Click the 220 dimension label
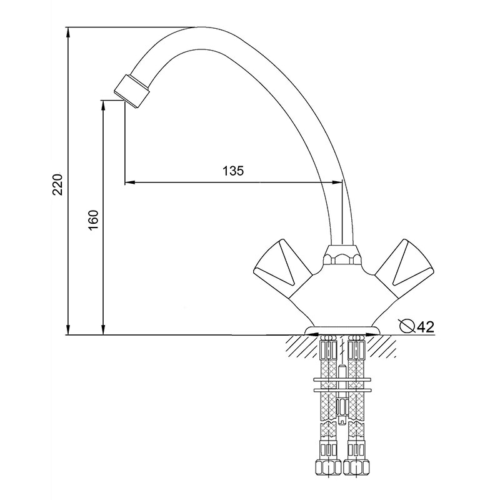click(58, 184)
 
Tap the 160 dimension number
click(93, 221)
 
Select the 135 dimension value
click(233, 171)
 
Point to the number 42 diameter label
click(426, 326)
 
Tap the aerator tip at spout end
click(132, 91)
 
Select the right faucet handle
click(404, 262)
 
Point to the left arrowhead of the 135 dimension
click(130, 182)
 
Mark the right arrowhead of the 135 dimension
click(336, 182)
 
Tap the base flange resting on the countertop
click(342, 331)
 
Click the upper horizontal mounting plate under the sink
click(342, 379)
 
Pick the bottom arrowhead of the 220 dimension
click(67, 329)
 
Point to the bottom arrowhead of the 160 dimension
click(103, 329)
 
